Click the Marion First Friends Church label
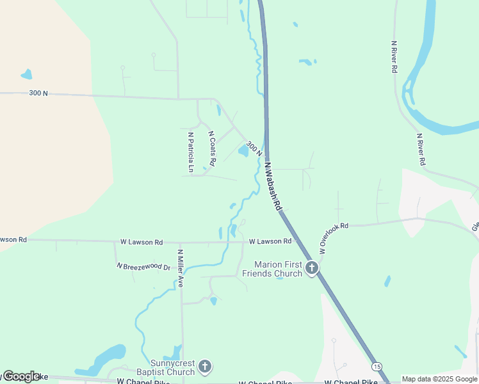(278, 269)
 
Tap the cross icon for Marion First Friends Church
(312, 268)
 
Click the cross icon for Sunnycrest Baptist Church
(204, 367)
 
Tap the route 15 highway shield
(377, 366)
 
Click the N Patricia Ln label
(191, 152)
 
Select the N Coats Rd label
(212, 148)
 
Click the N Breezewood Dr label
(143, 266)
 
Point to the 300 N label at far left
(38, 93)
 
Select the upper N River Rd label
(394, 56)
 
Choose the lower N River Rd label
(421, 150)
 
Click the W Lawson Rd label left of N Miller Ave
(142, 242)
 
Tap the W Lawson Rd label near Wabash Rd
(270, 241)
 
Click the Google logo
(20, 376)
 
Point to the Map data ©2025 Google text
(440, 379)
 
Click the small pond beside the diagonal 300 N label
(243, 151)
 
